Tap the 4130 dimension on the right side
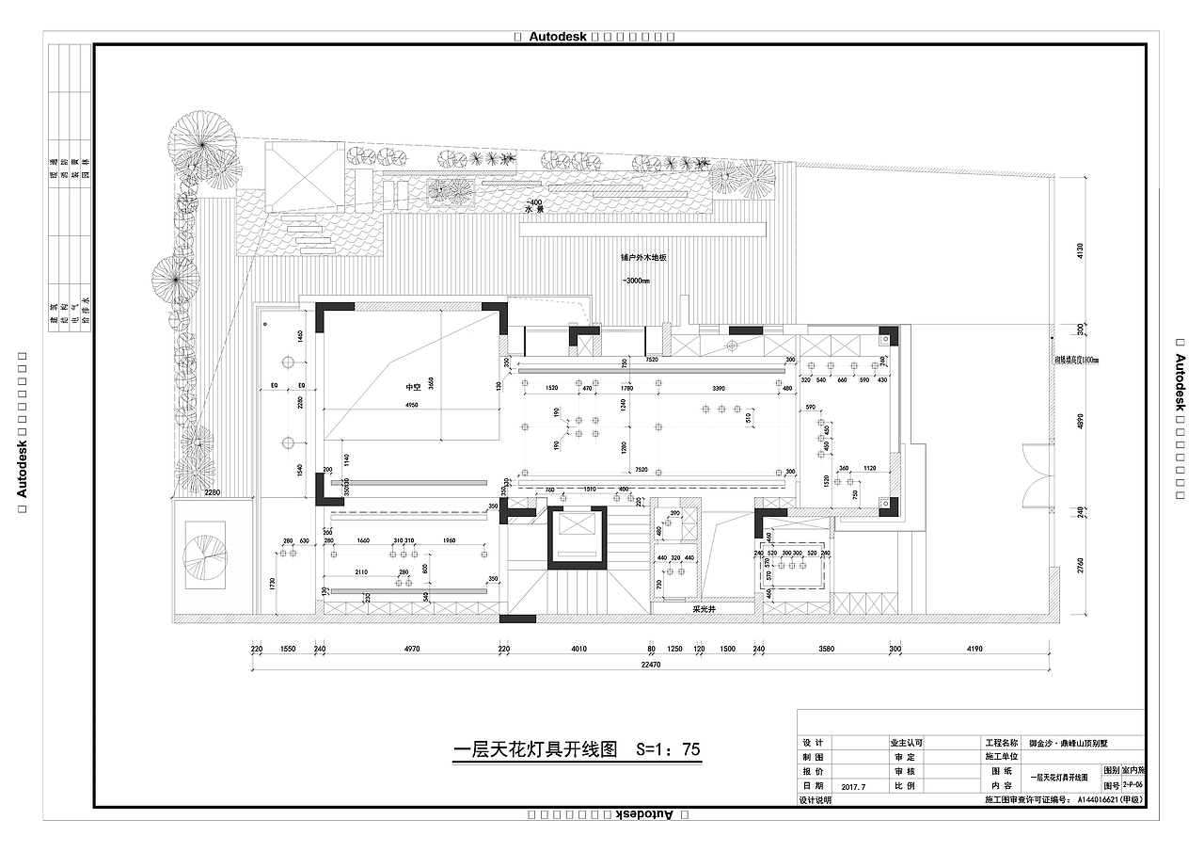tap(1081, 250)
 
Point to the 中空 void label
tap(412, 386)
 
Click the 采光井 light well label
tap(705, 609)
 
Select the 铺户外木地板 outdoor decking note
tap(643, 257)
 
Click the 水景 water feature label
tap(534, 211)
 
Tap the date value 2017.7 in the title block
tap(854, 785)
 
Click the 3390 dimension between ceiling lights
tap(718, 388)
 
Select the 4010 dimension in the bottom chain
tap(578, 650)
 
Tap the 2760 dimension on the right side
tap(1081, 565)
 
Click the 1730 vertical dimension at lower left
tap(273, 585)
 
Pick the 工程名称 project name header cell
tap(1001, 743)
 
